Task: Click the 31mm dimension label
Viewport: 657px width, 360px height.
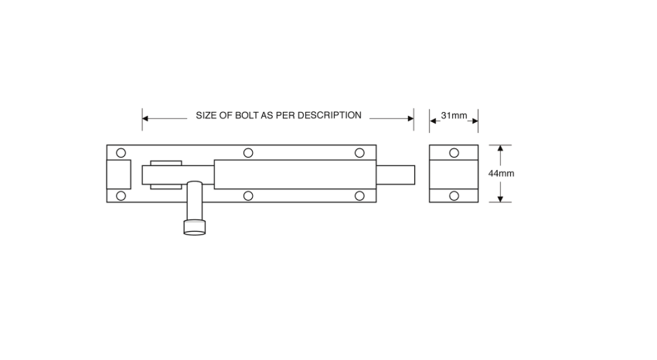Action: [x=454, y=116]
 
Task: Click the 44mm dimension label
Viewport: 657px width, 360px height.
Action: [x=501, y=173]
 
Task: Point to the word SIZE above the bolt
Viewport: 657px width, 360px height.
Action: [x=206, y=116]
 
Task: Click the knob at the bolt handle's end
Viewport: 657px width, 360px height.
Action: [x=195, y=227]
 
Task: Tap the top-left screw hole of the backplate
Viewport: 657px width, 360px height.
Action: [x=121, y=153]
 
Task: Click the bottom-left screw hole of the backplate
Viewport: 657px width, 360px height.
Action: [x=121, y=195]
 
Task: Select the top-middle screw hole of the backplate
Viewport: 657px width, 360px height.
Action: [x=248, y=153]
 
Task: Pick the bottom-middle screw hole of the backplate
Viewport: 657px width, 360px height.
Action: [x=248, y=195]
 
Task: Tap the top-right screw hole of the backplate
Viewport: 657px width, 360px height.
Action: [x=359, y=153]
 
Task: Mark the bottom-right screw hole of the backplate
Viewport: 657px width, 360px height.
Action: [x=359, y=195]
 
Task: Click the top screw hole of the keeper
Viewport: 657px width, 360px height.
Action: [x=454, y=153]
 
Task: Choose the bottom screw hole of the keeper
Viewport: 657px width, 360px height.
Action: [x=454, y=195]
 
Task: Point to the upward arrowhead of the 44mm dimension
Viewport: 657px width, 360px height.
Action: [x=500, y=148]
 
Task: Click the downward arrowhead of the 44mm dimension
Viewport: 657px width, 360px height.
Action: [x=500, y=199]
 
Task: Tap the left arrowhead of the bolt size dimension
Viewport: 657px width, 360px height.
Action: [x=145, y=118]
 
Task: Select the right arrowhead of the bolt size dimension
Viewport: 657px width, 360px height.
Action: [x=410, y=118]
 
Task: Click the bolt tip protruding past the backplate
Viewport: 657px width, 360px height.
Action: [x=396, y=175]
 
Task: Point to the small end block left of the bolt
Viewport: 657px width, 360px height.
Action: [x=119, y=174]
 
